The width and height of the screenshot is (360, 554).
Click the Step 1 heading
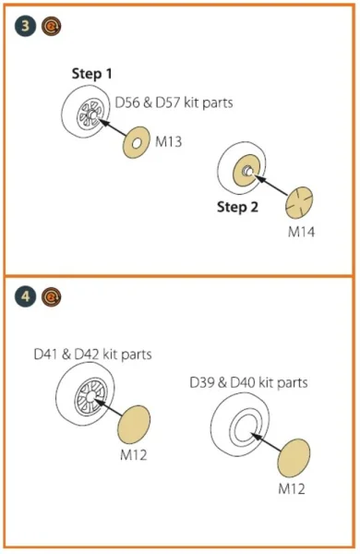(x=92, y=74)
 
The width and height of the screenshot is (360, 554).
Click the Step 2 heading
(x=237, y=207)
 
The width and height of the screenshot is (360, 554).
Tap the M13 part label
(x=169, y=141)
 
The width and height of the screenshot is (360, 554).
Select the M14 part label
(x=301, y=232)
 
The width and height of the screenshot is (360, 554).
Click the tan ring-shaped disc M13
(x=130, y=143)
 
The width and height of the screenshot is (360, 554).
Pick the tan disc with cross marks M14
(x=299, y=203)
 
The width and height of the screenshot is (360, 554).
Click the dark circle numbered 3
(x=26, y=26)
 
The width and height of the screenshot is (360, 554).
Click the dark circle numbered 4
(x=26, y=296)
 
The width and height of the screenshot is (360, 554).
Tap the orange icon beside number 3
(x=51, y=26)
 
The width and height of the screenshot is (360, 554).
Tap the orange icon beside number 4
(x=51, y=296)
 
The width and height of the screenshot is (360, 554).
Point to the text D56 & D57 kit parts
(x=174, y=102)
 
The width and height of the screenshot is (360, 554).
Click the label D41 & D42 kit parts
(x=92, y=354)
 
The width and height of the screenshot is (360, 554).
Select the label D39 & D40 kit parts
(x=248, y=382)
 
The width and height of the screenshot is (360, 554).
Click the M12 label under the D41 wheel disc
(x=133, y=454)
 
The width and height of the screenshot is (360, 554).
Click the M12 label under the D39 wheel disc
(x=292, y=489)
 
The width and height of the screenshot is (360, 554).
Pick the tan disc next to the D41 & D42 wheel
(x=134, y=425)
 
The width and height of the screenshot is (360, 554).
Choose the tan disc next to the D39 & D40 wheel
(x=294, y=459)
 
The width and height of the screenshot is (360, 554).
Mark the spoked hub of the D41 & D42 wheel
(x=90, y=396)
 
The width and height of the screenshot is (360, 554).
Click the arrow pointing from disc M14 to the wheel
(x=271, y=186)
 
